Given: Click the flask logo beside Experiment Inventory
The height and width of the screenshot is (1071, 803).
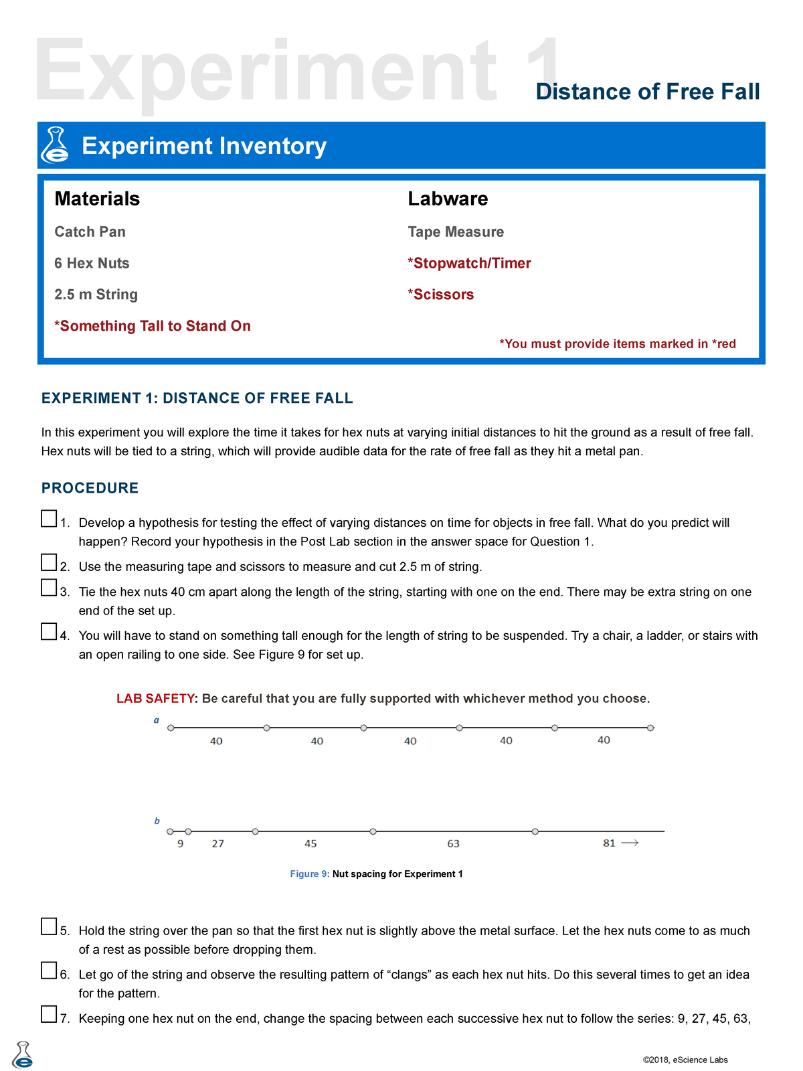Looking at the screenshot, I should pos(55,145).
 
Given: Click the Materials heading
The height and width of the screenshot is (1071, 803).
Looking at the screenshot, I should pos(97,199).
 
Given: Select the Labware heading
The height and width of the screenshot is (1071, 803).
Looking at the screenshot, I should pos(448,199).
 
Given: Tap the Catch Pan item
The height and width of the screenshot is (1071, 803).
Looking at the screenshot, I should pos(90,232).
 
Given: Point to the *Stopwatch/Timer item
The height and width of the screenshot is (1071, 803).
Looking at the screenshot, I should pos(469,263).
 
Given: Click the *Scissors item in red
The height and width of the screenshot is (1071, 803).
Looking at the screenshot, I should pos(440,295).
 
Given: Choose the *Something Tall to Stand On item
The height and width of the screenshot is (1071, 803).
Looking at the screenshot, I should pos(153,326).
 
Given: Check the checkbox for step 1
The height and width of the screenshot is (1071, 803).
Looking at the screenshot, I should pos(49,519).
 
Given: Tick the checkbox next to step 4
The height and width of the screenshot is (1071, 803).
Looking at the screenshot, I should pos(49,631).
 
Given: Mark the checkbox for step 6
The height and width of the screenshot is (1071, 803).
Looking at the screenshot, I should pos(49,971).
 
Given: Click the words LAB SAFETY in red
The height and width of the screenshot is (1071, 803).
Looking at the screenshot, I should pos(155,698).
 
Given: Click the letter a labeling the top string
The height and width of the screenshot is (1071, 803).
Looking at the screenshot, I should pos(157,720).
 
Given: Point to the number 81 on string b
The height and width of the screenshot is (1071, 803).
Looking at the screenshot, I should pos(609,843).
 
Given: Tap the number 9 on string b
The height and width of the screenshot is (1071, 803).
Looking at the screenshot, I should pos(181,844).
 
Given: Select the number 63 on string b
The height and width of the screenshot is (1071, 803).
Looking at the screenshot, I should pos(454,844).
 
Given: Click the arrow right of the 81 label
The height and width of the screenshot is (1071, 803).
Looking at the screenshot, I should pos(630,843).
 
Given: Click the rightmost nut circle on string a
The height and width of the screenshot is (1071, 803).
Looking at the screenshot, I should pos(650,728).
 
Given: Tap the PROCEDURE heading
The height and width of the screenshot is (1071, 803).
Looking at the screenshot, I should pos(90,488).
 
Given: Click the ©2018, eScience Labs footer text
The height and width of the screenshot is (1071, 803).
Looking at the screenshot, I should pos(685,1060).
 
